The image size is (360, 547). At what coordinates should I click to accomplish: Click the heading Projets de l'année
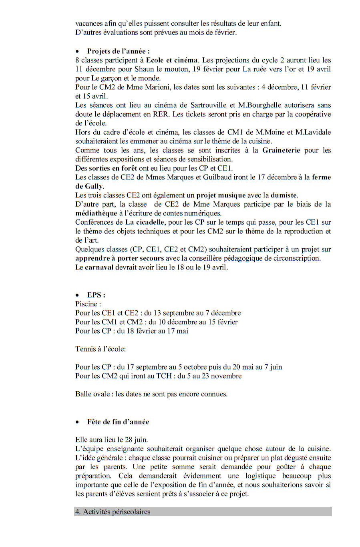[118, 51]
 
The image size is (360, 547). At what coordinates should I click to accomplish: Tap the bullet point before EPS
[77, 296]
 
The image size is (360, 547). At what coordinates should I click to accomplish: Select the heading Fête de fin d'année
[118, 422]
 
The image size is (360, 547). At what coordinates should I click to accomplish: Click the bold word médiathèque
[96, 213]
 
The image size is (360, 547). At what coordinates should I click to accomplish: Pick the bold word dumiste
[284, 195]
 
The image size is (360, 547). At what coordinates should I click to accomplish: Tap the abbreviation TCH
[164, 376]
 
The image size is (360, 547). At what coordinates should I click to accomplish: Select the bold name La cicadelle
[145, 222]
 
